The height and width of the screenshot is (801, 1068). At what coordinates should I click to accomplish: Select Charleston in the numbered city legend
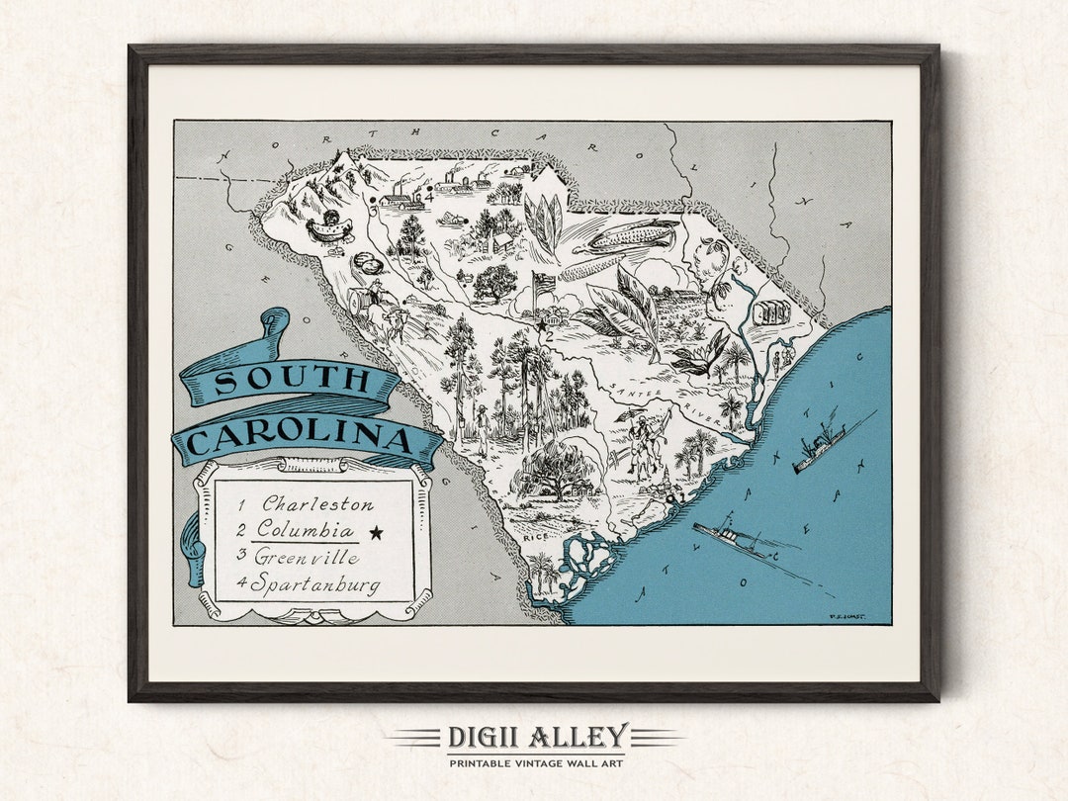coord(317,504)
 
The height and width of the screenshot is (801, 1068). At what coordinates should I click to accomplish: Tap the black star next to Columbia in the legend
coord(376,533)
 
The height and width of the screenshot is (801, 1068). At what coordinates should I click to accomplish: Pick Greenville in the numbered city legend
coord(307,557)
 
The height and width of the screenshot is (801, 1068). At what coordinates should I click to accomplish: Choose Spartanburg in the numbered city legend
coord(314,584)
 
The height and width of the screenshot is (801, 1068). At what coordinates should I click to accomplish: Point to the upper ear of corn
coord(633,235)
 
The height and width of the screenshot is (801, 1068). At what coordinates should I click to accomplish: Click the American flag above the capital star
coord(545,284)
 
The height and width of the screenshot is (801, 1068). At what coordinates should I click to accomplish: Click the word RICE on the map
coord(536,538)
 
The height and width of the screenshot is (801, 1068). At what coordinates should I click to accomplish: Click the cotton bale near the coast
coord(771,312)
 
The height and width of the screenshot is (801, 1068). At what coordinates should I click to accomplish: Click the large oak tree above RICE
coord(554,471)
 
